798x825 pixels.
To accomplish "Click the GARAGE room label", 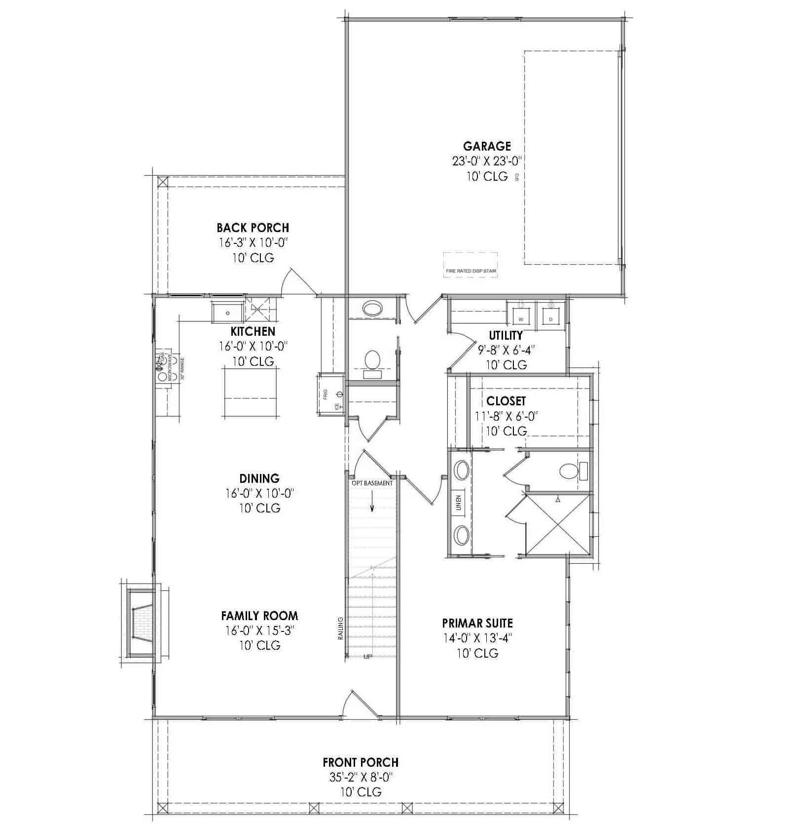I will coord(487,146).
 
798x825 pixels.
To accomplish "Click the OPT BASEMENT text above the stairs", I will coord(372,483).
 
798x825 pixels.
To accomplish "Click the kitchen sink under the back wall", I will coord(228,313).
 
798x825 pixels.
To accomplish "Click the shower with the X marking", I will coord(558,524).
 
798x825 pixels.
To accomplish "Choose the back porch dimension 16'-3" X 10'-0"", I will coord(253,242).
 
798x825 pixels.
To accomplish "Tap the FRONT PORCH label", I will coord(361,762).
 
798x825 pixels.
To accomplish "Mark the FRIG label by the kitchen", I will coord(326,394).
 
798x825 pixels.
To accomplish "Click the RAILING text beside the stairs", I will coord(340,628).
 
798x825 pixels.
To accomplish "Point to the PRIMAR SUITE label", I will coord(477,623).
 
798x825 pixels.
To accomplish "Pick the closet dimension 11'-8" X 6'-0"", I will coord(506,416).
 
